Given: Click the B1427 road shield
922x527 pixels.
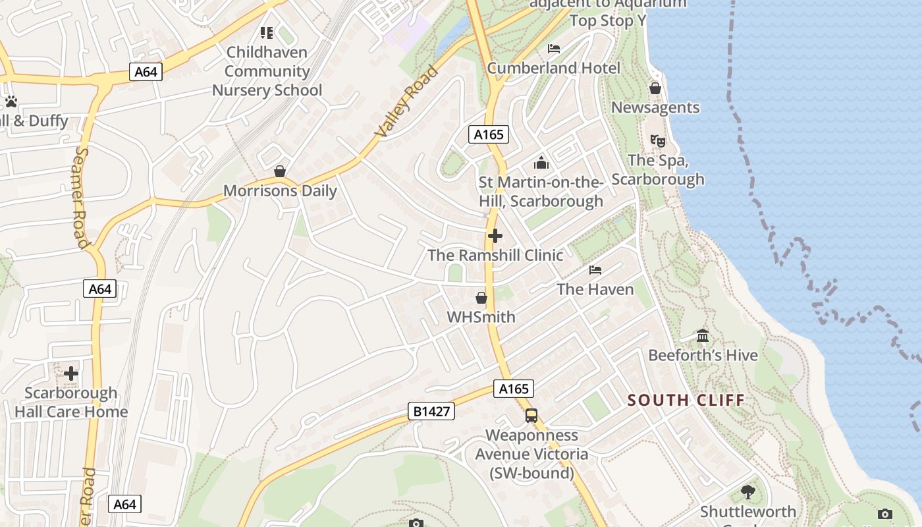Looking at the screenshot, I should [431, 412].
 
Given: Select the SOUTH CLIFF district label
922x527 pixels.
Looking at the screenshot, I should [686, 400].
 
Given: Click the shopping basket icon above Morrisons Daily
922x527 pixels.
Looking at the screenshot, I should [280, 171].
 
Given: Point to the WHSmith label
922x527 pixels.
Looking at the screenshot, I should [481, 317].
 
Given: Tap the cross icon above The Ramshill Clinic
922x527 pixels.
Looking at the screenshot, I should [495, 236].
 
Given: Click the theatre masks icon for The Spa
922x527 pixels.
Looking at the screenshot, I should [657, 140].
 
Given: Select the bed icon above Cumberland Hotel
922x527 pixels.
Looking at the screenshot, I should [554, 49].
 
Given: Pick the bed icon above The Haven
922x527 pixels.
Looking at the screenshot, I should [595, 270].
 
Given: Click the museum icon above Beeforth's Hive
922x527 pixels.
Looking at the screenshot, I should [703, 336].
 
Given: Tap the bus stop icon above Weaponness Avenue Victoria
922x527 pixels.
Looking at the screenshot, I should [531, 416].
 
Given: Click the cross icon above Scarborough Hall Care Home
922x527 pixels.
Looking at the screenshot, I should [71, 374].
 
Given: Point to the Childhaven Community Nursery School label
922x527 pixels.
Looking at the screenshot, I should [267, 71].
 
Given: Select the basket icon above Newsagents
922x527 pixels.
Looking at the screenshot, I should [655, 88].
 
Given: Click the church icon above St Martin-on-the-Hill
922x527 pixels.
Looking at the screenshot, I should [541, 163].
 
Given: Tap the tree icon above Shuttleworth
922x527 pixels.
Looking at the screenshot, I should [747, 491].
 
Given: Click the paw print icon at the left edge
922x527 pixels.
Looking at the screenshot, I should [11, 101].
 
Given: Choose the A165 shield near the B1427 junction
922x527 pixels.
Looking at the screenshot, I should [513, 389].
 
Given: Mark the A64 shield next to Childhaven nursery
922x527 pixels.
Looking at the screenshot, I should [146, 71].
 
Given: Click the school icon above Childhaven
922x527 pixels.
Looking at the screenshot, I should [267, 32].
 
